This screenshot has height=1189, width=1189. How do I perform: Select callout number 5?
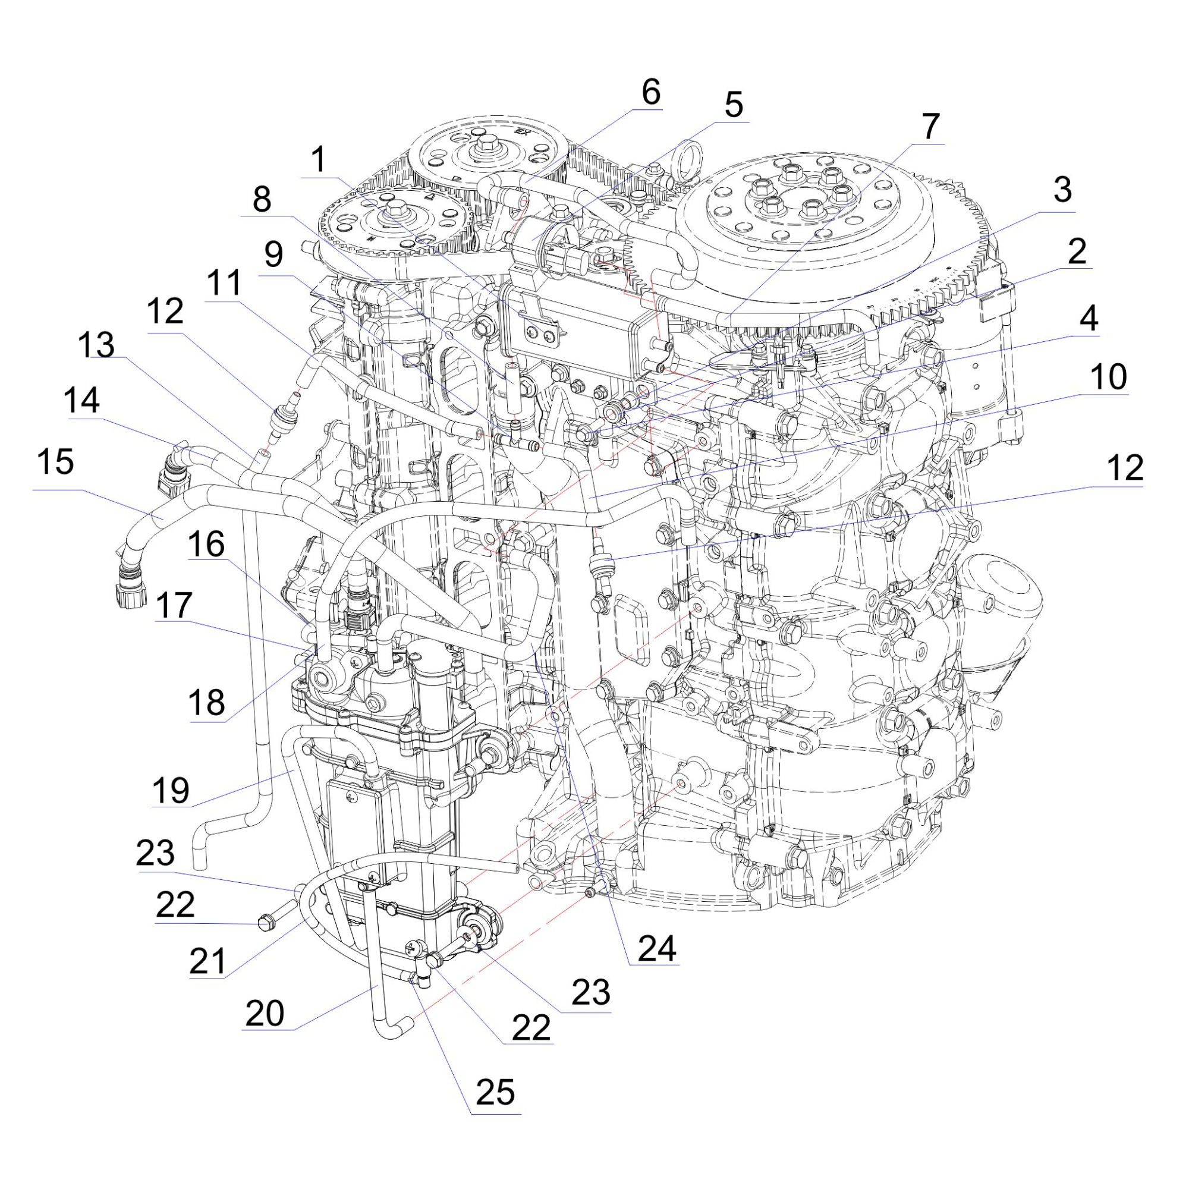point(733,105)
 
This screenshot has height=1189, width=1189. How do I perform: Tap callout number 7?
point(929,127)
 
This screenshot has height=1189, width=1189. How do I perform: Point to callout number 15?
point(55,462)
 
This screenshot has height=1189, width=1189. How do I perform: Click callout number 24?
point(658,948)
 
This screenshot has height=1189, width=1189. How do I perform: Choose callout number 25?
point(495,1092)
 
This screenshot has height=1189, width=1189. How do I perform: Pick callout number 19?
point(171,790)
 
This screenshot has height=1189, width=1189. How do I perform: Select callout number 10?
point(1108,378)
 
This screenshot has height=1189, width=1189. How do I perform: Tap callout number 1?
point(318,160)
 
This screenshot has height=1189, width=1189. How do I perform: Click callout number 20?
point(265,1013)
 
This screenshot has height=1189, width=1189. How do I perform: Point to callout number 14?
point(82,401)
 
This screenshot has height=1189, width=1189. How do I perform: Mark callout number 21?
point(207,961)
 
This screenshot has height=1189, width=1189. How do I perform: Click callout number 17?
point(174,605)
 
